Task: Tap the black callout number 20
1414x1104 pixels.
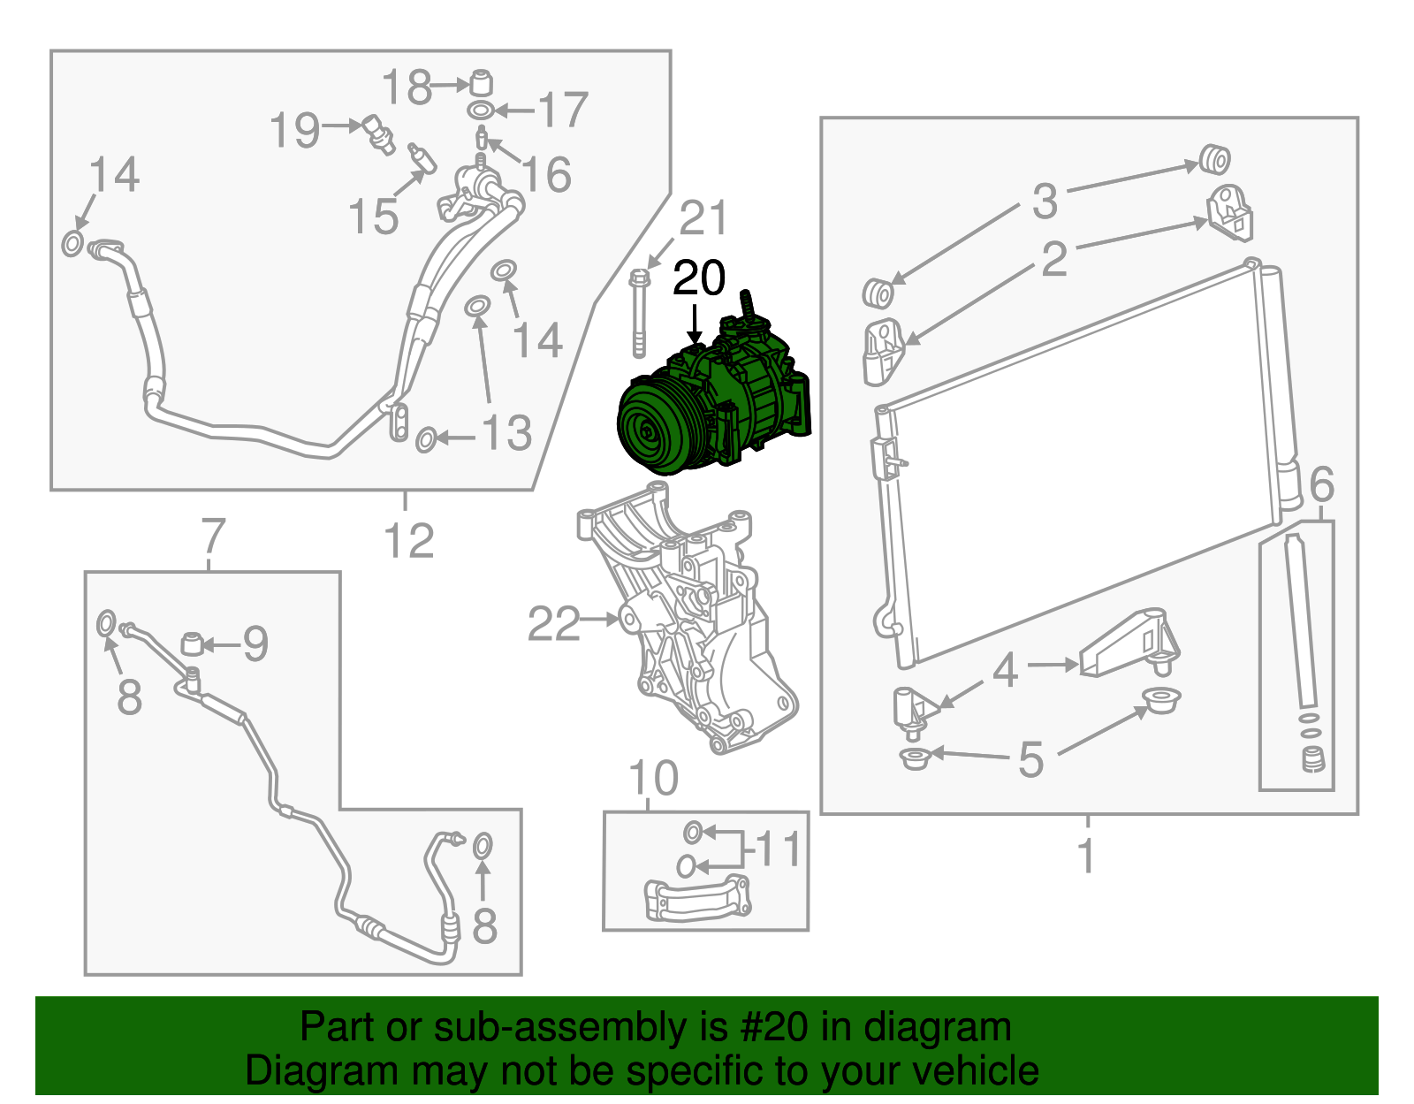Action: [x=698, y=278]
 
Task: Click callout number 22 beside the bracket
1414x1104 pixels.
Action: [x=553, y=624]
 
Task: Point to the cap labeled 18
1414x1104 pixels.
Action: [x=480, y=81]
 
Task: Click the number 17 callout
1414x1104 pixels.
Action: [x=562, y=110]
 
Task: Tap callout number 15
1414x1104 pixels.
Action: [x=373, y=217]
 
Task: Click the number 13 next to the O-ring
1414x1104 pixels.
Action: [x=506, y=433]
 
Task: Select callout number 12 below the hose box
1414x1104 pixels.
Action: [x=409, y=541]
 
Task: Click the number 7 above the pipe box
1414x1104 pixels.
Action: [x=213, y=535]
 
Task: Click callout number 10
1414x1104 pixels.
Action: [x=653, y=779]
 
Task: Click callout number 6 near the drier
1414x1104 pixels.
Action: [x=1321, y=484]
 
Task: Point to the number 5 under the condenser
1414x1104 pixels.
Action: [x=1030, y=759]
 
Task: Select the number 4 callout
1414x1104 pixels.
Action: [x=1005, y=671]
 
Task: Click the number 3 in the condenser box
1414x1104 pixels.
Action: [x=1045, y=202]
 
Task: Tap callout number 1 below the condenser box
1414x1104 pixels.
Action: [x=1087, y=856]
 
